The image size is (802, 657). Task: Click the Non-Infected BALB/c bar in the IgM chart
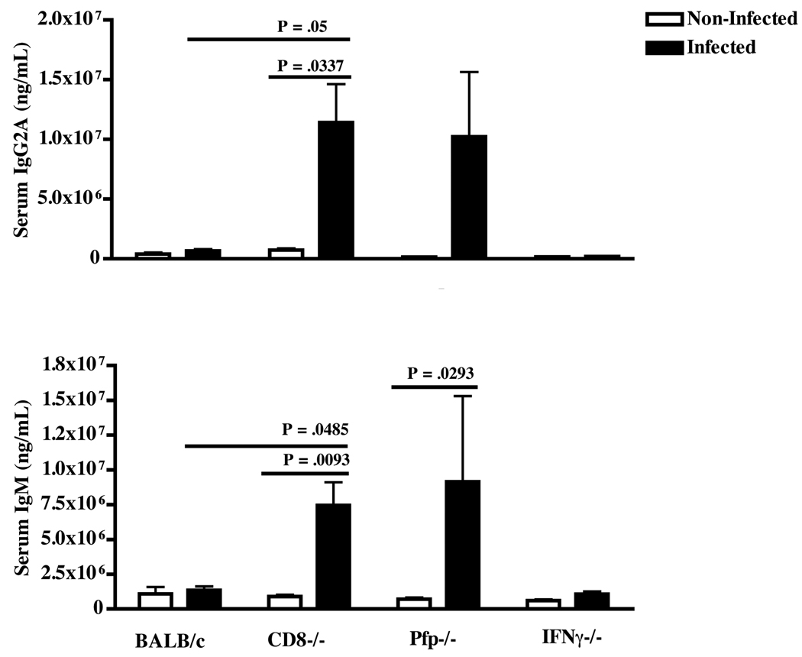point(155,600)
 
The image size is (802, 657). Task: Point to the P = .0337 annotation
point(309,66)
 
